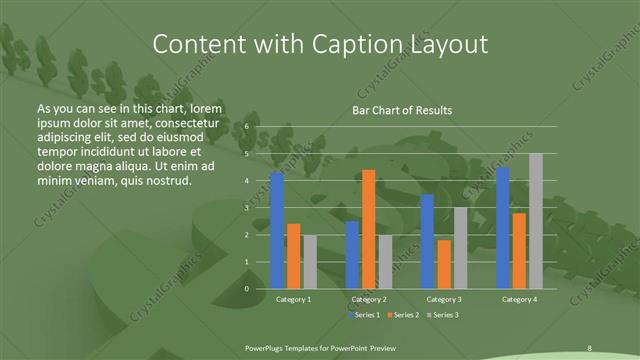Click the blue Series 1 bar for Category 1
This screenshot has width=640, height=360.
point(277,230)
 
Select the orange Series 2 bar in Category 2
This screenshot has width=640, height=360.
point(368,229)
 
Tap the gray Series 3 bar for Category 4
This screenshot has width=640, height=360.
point(536,221)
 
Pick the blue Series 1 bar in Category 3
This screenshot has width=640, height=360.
point(427,241)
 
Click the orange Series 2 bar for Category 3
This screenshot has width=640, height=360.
point(443,264)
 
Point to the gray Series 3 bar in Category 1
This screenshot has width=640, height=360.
point(310,262)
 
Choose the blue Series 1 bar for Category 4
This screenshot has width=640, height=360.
point(503,228)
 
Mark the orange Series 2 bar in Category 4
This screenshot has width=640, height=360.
point(519,250)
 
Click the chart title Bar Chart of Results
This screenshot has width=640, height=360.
point(403,110)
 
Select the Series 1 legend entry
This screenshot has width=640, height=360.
point(364,315)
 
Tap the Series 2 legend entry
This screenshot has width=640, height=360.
point(404,315)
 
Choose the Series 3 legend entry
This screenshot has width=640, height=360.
point(444,315)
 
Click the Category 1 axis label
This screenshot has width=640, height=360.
point(293,299)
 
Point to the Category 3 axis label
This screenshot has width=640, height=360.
point(443,299)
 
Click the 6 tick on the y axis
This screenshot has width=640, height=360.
point(246,128)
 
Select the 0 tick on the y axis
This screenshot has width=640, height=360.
point(246,288)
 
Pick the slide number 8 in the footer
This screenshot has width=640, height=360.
point(590,347)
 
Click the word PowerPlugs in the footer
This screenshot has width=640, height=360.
point(269,347)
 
